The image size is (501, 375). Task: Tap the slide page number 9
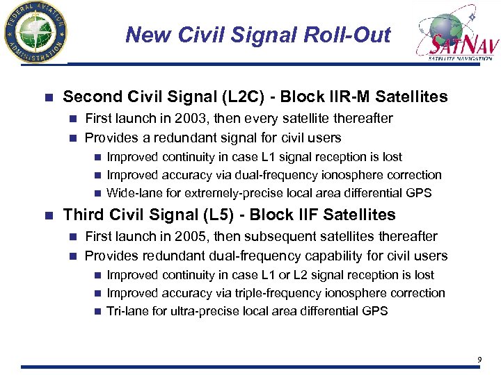479,359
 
